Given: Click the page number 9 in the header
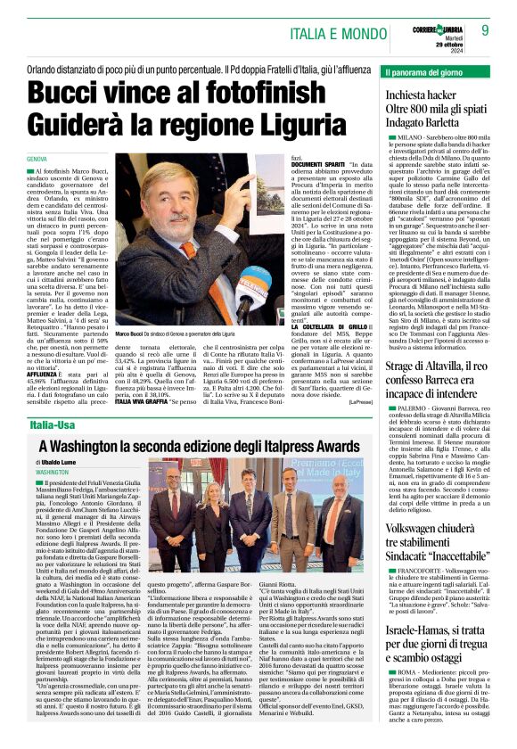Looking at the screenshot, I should (x=486, y=29).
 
